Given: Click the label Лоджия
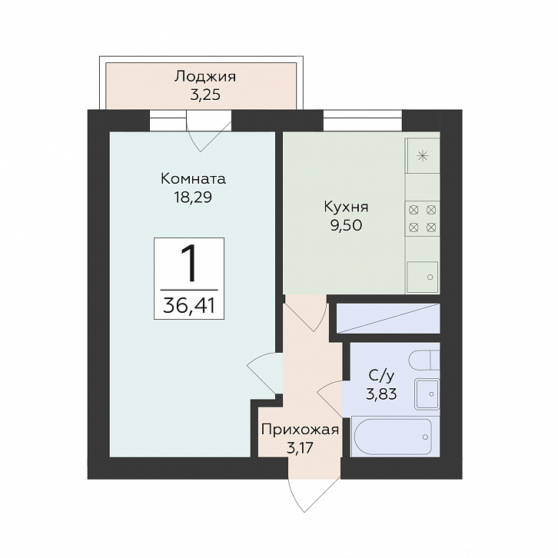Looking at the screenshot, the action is click(x=205, y=77).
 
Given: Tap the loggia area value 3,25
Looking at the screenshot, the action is click(x=205, y=95).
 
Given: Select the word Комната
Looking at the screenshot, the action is click(x=193, y=178).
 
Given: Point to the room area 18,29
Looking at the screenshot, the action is click(x=193, y=198).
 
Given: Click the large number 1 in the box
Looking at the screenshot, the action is click(x=188, y=264).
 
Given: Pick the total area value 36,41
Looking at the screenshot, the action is click(x=189, y=306).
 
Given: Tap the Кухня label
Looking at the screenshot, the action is click(x=347, y=207).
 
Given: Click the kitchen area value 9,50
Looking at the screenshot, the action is click(x=347, y=225).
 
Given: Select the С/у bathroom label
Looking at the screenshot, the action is click(x=381, y=375).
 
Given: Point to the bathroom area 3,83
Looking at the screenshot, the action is click(x=381, y=394).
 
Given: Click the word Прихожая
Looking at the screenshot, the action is click(x=300, y=430).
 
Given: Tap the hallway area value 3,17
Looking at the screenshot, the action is click(x=300, y=448).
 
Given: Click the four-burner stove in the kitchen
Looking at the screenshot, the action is click(x=423, y=218).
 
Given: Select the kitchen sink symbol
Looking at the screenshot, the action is click(x=423, y=277).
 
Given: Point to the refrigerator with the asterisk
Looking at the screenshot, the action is click(x=423, y=155).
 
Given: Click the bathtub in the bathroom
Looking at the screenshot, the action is click(x=394, y=437).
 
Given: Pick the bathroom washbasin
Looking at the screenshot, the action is click(x=427, y=394).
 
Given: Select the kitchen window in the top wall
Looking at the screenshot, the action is click(x=363, y=121).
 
